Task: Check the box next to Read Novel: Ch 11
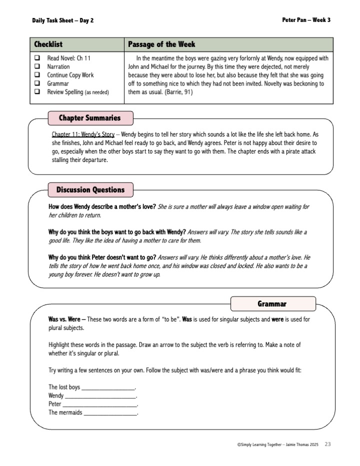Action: [37, 58]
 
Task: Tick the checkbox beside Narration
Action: [37, 66]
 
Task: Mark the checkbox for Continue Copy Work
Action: [37, 75]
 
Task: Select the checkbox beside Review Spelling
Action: [37, 92]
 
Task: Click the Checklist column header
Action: [48, 44]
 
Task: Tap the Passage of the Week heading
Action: [161, 44]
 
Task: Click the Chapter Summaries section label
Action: [90, 118]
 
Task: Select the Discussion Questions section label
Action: [90, 190]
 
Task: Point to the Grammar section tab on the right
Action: [272, 304]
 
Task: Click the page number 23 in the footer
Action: [327, 444]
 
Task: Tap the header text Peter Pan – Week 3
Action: [306, 20]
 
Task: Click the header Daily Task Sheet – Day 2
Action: [62, 20]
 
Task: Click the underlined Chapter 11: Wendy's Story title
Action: [83, 135]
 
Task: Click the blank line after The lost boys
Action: [108, 388]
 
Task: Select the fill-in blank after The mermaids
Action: [110, 413]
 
